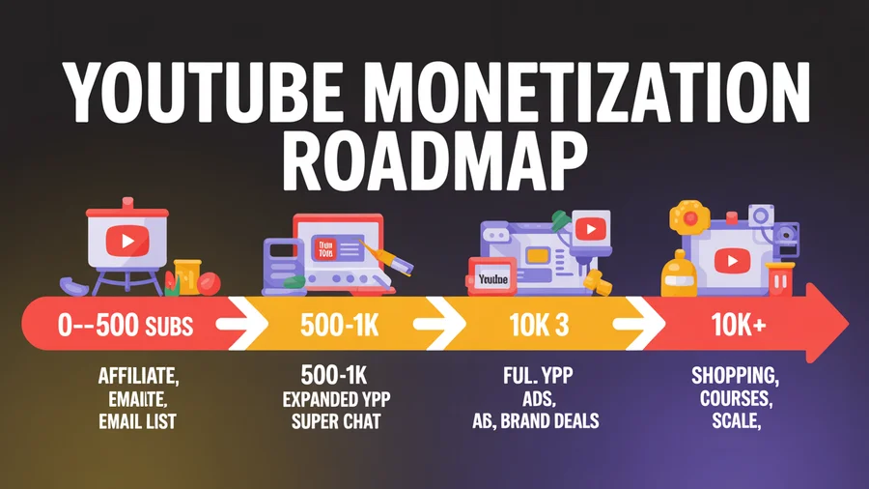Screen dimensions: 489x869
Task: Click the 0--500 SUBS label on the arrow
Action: tap(126, 327)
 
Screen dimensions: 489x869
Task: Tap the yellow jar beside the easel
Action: tap(186, 274)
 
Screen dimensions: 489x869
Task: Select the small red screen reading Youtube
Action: tap(491, 278)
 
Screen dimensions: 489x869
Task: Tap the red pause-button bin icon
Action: tap(779, 279)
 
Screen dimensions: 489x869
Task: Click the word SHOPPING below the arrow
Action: tap(733, 375)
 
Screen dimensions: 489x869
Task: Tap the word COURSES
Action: tap(733, 398)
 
